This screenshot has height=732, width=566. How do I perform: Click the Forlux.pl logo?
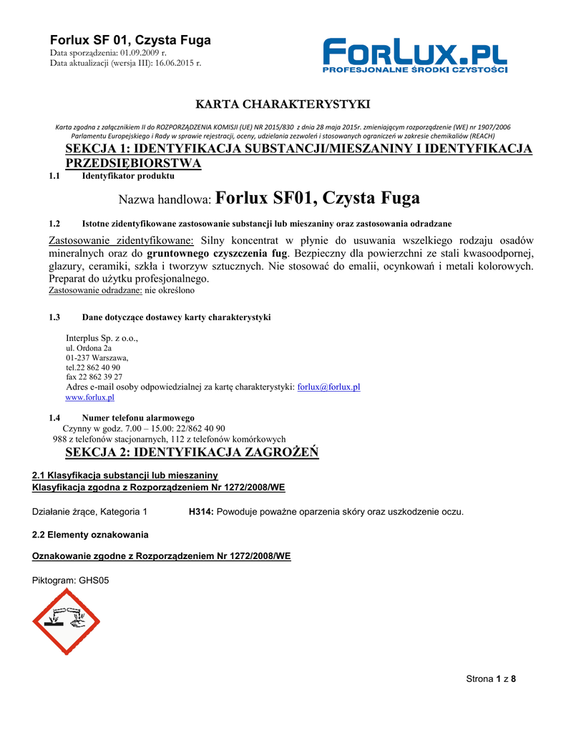pyautogui.click(x=415, y=56)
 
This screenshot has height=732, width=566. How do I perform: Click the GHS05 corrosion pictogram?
pyautogui.click(x=67, y=621)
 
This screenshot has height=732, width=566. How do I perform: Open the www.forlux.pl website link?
pyautogui.click(x=90, y=397)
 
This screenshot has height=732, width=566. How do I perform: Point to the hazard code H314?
pyautogui.click(x=200, y=512)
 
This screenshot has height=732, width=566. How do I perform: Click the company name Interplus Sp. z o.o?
pyautogui.click(x=102, y=337)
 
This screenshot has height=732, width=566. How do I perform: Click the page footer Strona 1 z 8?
pyautogui.click(x=491, y=679)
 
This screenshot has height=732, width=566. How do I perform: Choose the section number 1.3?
pyautogui.click(x=54, y=317)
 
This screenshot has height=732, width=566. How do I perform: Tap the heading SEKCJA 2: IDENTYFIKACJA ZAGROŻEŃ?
pyautogui.click(x=192, y=452)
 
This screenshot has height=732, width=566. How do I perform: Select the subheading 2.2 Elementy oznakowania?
pyautogui.click(x=91, y=535)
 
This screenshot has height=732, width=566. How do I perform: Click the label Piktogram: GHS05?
pyautogui.click(x=71, y=580)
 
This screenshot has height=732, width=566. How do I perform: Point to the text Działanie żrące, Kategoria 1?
pyautogui.click(x=90, y=512)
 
